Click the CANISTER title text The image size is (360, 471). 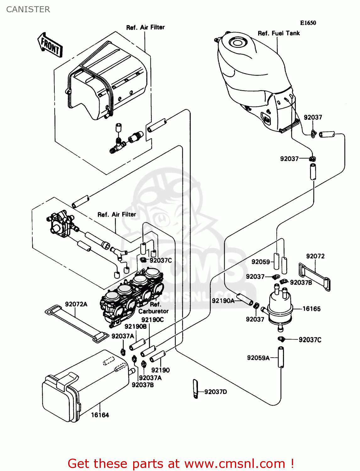click(28, 9)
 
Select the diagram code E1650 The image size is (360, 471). click(308, 23)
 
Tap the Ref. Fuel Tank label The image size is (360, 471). click(279, 33)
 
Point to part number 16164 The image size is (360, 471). click(100, 415)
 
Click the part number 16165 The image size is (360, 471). click(311, 309)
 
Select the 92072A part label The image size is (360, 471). click(76, 304)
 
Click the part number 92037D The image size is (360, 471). click(215, 392)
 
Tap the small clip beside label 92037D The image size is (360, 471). click(195, 388)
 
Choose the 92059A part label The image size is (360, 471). click(258, 358)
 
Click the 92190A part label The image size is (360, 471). click(223, 300)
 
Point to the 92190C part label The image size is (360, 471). click(152, 320)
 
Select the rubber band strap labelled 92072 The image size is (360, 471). click(314, 276)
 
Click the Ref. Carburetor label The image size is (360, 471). click(154, 308)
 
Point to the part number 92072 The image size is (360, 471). click(315, 256)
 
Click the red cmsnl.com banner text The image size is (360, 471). click(181, 463)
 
